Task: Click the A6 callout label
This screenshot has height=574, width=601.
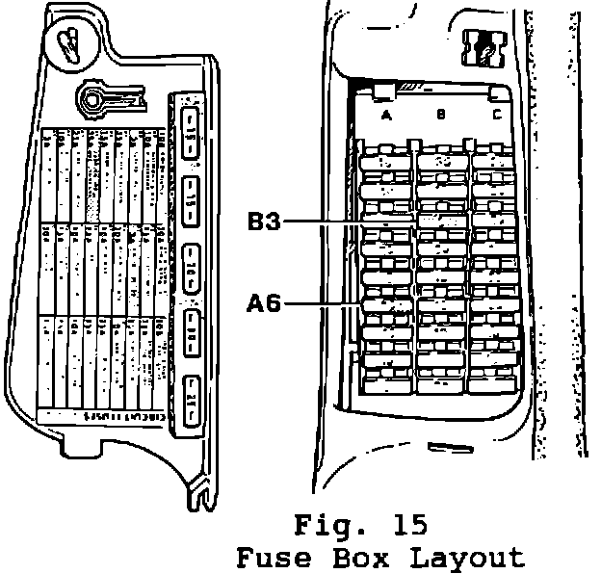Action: pos(263,305)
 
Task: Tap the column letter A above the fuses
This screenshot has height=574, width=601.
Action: pos(386,116)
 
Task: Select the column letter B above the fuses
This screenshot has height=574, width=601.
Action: pos(440,116)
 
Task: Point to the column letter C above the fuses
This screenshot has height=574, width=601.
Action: pos(496,116)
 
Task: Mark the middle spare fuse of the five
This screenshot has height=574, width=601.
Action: pos(192,258)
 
